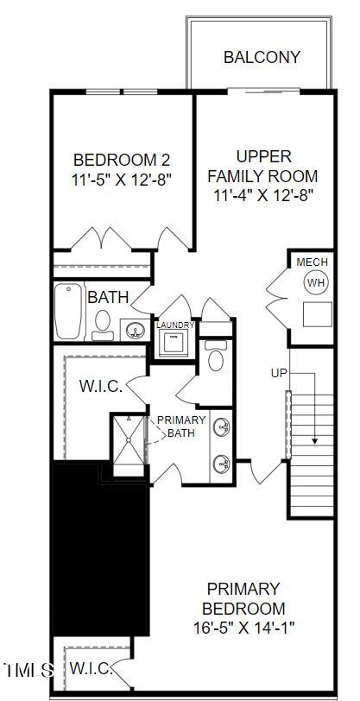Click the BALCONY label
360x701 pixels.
[x=262, y=58]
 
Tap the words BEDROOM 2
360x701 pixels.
[x=122, y=160]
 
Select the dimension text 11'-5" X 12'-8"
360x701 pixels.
[x=122, y=180]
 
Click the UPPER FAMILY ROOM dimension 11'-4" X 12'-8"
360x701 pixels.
[x=263, y=195]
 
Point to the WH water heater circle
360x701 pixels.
[x=315, y=282]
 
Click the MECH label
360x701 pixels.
[x=312, y=262]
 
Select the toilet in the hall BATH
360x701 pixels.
[x=103, y=323]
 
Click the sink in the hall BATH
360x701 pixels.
[x=134, y=329]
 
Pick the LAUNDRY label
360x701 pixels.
[x=175, y=325]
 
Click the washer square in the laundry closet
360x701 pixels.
[x=175, y=343]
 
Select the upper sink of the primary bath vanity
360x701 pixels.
[x=222, y=426]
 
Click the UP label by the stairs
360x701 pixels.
[x=279, y=373]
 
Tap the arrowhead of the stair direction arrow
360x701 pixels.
[x=315, y=439]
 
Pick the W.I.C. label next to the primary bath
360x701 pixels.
[x=101, y=386]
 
